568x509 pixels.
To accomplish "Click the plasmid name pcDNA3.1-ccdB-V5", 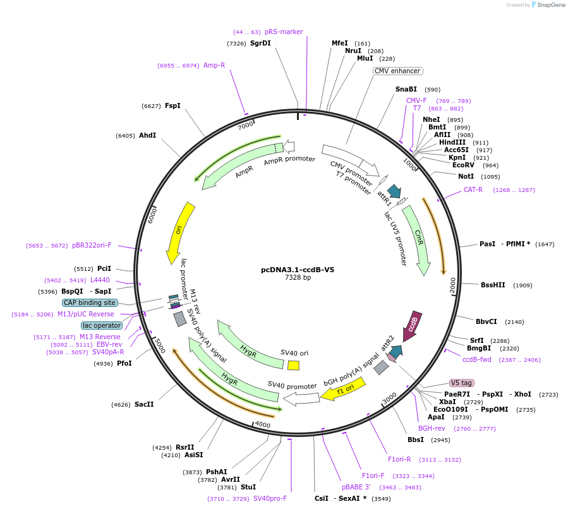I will click(298, 270).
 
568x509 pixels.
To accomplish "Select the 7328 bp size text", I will click(298, 277).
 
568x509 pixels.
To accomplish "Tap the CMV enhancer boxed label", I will click(397, 71).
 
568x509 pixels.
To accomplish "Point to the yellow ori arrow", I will click(179, 231).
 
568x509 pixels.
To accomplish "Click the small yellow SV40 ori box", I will click(293, 365).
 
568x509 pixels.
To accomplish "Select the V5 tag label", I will click(461, 383).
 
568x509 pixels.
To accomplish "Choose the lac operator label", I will click(102, 325).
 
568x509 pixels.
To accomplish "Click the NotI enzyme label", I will click(466, 176).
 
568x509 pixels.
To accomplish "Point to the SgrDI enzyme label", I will click(260, 43).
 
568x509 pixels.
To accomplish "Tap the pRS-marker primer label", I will click(284, 32).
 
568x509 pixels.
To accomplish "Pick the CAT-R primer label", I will click(473, 189).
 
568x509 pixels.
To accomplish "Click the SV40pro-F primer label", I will click(270, 498).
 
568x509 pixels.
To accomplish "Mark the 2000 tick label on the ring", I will click(452, 285).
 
